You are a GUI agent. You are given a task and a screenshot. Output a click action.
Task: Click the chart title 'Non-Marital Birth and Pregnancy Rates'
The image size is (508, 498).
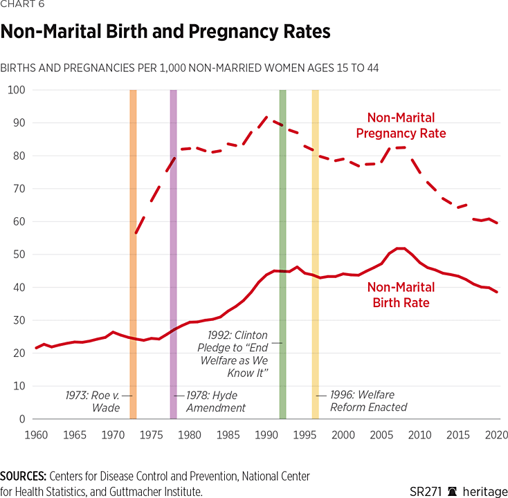[x=165, y=33]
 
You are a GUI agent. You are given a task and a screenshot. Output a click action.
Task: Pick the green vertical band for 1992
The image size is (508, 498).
[x=282, y=207]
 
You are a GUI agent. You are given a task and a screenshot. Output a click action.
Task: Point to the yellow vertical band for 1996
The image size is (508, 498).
[x=315, y=207]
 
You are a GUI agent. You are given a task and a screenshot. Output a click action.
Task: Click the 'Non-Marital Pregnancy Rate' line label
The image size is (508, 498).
[x=401, y=125]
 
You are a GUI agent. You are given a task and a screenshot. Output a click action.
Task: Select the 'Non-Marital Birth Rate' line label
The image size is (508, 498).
[x=401, y=295]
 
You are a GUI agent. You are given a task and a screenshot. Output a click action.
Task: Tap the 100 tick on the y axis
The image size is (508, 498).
[x=16, y=90]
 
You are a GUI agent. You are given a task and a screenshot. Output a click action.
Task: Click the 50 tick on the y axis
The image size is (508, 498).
[x=19, y=255]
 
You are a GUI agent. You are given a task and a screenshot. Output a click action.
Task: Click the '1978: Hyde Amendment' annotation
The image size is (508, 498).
[x=216, y=401]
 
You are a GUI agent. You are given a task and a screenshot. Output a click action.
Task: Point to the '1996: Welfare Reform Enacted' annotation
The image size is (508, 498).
[x=368, y=401]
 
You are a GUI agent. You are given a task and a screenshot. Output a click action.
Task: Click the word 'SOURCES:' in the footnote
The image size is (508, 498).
[x=23, y=477]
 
